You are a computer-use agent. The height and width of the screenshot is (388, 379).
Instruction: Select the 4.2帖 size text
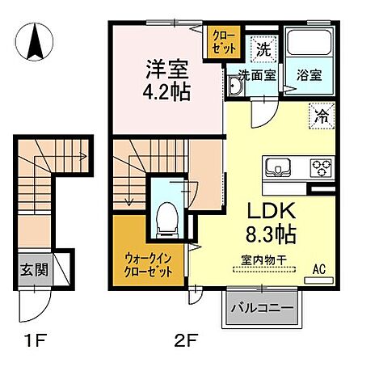pyautogui.click(x=168, y=91)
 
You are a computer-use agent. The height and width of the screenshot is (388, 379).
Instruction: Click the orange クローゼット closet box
pyautogui.click(x=223, y=42)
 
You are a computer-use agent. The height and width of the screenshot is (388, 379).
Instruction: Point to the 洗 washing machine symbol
pyautogui.click(x=263, y=47)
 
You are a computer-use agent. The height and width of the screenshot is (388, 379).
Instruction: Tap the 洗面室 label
pyautogui.click(x=256, y=75)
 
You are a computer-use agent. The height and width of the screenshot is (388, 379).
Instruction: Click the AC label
pyautogui.click(x=318, y=268)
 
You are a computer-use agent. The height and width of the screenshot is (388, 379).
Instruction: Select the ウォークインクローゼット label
pyautogui.click(x=148, y=265)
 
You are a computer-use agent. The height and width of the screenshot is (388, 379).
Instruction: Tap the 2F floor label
pyautogui.click(x=186, y=339)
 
